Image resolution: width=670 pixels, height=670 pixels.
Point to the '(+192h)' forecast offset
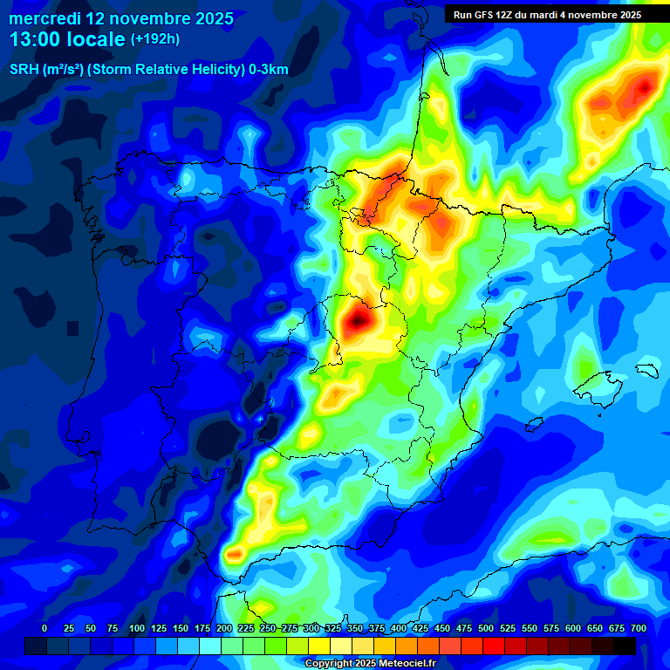(x=154, y=39)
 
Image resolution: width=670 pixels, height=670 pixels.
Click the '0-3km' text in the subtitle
(x=268, y=70)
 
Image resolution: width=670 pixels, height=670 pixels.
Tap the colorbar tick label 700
(x=638, y=628)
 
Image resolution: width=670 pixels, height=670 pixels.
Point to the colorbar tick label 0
(x=44, y=628)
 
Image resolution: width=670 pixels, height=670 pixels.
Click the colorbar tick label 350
(x=354, y=628)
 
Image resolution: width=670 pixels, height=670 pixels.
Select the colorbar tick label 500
(x=485, y=628)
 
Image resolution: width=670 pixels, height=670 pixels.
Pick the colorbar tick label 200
(x=223, y=628)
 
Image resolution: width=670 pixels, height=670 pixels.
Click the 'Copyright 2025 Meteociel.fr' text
(x=370, y=663)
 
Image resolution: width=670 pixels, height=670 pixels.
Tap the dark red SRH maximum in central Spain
(x=357, y=322)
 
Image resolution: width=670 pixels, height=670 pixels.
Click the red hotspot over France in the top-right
(x=644, y=87)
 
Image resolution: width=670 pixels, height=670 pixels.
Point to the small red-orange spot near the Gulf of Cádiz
(x=234, y=553)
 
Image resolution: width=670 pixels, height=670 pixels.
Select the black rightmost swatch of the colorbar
(x=625, y=646)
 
